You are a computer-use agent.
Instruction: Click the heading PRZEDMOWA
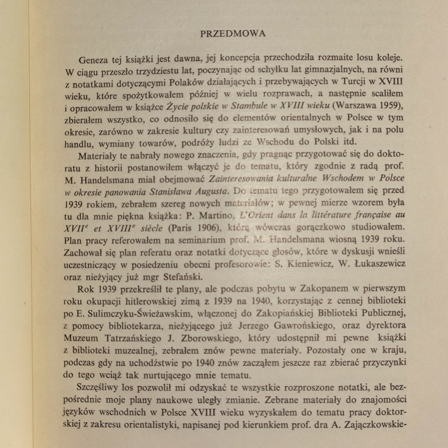[233, 34]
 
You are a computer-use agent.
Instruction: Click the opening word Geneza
[93, 60]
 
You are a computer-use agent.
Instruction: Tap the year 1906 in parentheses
[207, 228]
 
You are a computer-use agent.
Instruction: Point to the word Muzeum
[81, 338]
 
